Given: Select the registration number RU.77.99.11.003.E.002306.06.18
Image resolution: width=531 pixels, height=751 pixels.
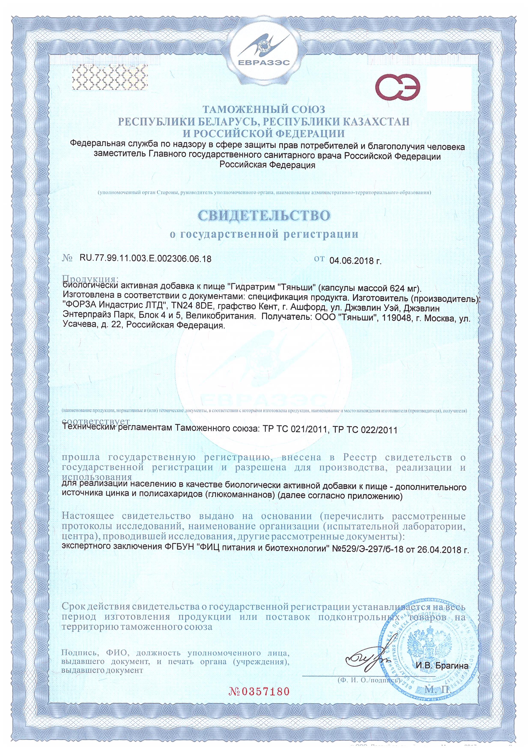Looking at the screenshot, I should click(x=145, y=259).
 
